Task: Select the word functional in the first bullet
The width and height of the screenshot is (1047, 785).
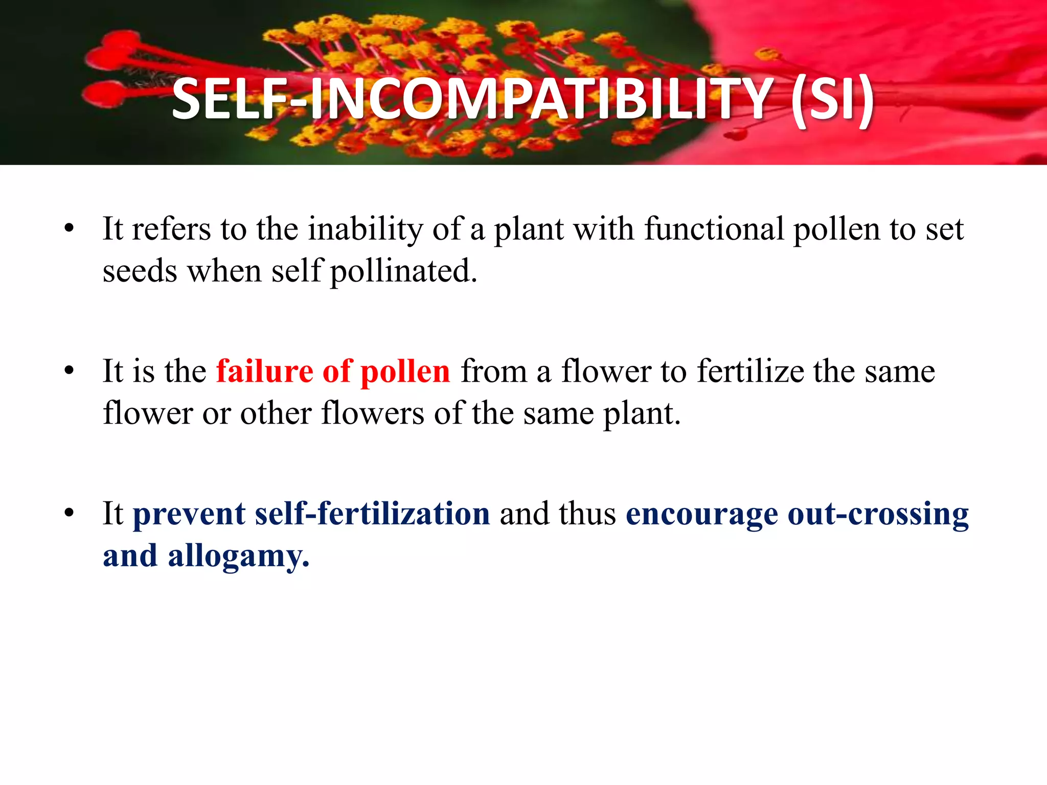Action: pyautogui.click(x=714, y=228)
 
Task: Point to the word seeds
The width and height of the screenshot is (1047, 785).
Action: pyautogui.click(x=140, y=271)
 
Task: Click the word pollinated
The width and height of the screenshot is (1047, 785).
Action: pyautogui.click(x=403, y=271)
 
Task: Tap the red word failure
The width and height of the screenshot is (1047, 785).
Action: pyautogui.click(x=264, y=371)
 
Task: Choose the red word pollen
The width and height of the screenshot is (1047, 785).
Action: pyautogui.click(x=405, y=372)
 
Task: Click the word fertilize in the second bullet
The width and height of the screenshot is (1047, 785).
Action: pyautogui.click(x=750, y=371)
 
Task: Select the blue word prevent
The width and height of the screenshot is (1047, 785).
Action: pyautogui.click(x=189, y=514)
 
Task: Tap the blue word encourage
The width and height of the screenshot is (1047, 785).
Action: pyautogui.click(x=701, y=514)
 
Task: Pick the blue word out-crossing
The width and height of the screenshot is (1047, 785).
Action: pyautogui.click(x=878, y=514)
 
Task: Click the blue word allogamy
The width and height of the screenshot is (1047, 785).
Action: pyautogui.click(x=238, y=556)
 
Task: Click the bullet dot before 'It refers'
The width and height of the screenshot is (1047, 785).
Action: pyautogui.click(x=70, y=228)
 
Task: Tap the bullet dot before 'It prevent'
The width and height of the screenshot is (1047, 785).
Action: pyautogui.click(x=70, y=513)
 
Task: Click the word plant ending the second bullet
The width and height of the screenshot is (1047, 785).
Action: pyautogui.click(x=642, y=413)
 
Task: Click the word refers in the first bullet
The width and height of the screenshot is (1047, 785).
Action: pyautogui.click(x=171, y=228)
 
